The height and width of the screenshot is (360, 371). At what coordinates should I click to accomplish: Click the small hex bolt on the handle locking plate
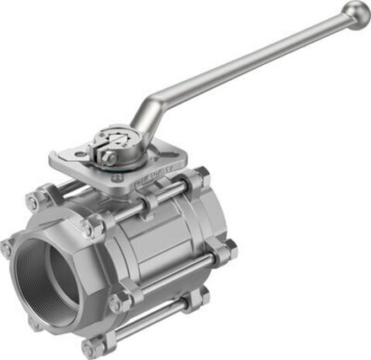coord(110,157)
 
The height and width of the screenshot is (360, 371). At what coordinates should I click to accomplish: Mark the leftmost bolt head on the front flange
coord(7,248)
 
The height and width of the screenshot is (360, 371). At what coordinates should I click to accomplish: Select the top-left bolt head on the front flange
coord(35,201)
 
